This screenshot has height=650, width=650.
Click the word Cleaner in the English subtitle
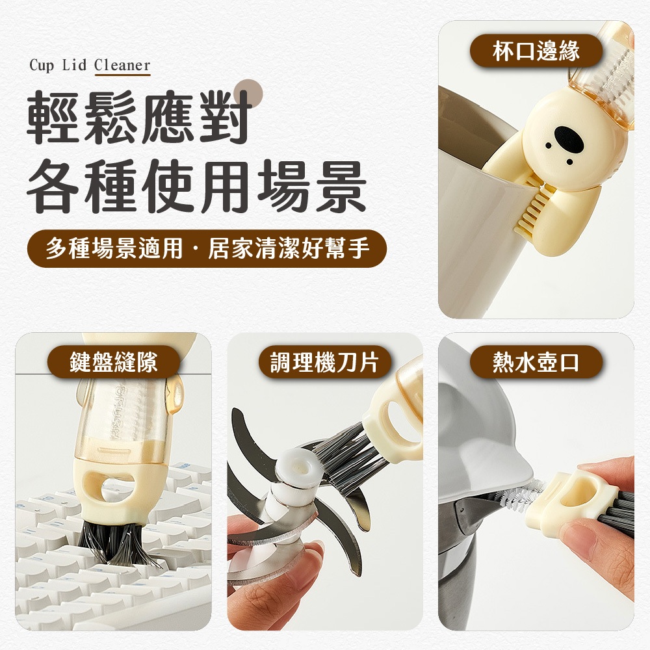point(122,65)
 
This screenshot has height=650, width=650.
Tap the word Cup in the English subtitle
point(42,66)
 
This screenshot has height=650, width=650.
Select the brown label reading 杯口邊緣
point(536,51)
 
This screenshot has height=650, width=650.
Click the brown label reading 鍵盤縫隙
point(114,362)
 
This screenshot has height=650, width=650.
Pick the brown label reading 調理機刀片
point(324,362)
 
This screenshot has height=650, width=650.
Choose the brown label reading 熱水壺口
point(536,362)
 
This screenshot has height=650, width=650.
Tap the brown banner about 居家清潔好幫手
point(207,248)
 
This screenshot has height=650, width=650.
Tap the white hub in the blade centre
point(295,480)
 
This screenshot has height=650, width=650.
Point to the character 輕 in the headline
point(52,117)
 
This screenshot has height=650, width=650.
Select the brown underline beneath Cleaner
point(123,75)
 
